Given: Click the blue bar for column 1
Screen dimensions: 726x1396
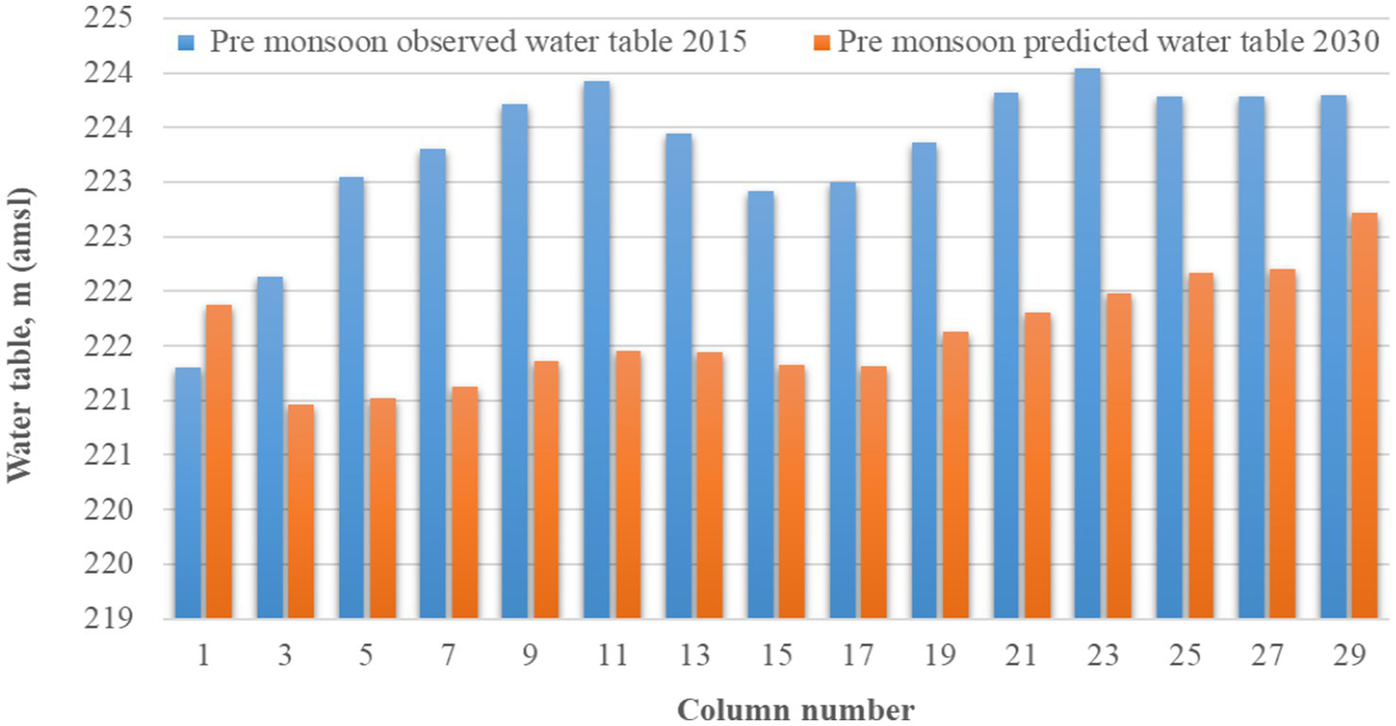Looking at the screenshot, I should pos(188,493).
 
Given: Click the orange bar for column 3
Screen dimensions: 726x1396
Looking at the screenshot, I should pos(301,511).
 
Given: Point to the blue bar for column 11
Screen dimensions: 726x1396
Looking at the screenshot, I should pos(596,350).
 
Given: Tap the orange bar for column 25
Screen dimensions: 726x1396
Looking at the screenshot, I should pos(1200,445).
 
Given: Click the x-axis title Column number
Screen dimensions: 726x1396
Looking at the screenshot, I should pos(796,710).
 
